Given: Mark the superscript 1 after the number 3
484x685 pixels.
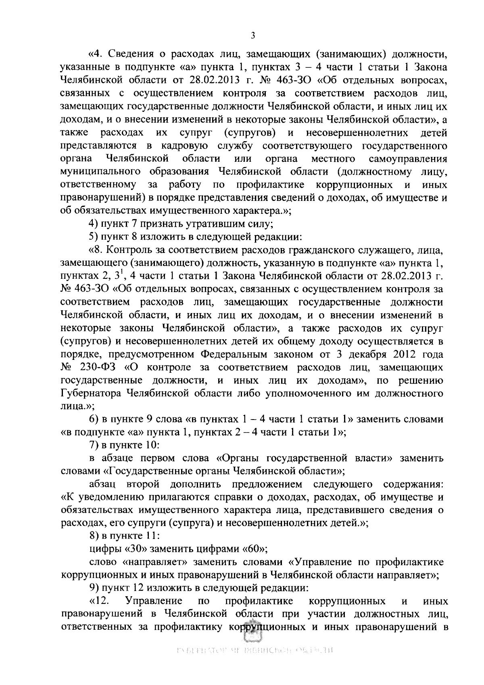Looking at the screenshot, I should point(120,274).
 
